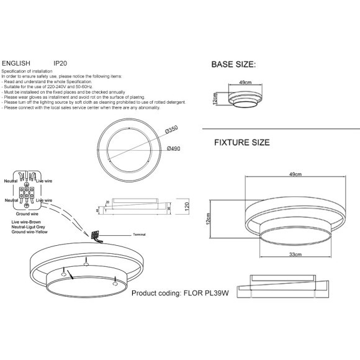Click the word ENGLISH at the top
coord(18,63)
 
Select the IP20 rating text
coord(61,63)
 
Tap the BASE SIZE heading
coord(233,64)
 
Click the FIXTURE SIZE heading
coord(241,143)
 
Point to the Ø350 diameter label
coord(172,129)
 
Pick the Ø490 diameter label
coord(174,149)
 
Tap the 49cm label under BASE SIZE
coord(244,83)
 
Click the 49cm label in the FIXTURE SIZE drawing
coord(294,176)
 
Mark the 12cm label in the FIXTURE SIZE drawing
coord(209,218)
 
